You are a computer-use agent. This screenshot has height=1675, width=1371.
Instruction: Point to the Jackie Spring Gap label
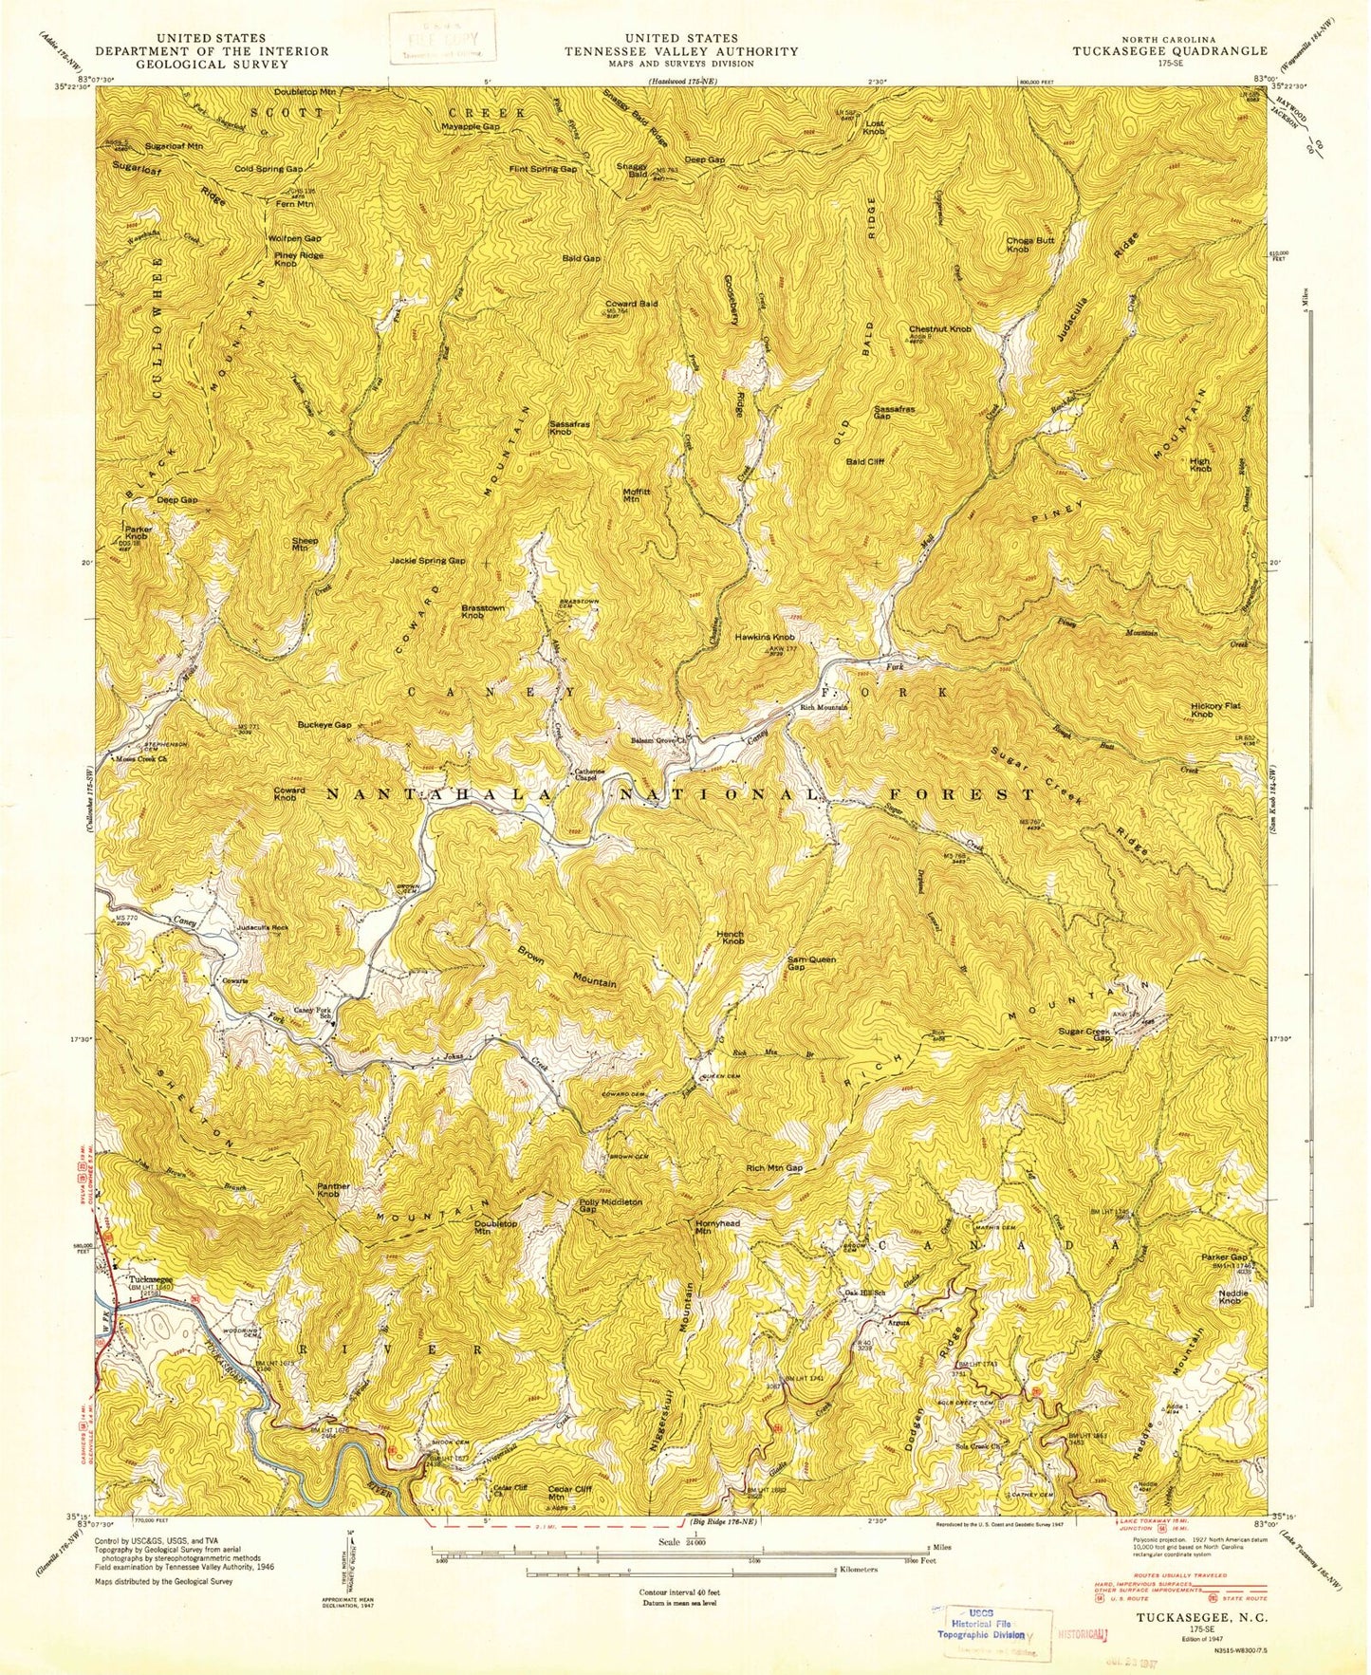coord(427,561)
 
